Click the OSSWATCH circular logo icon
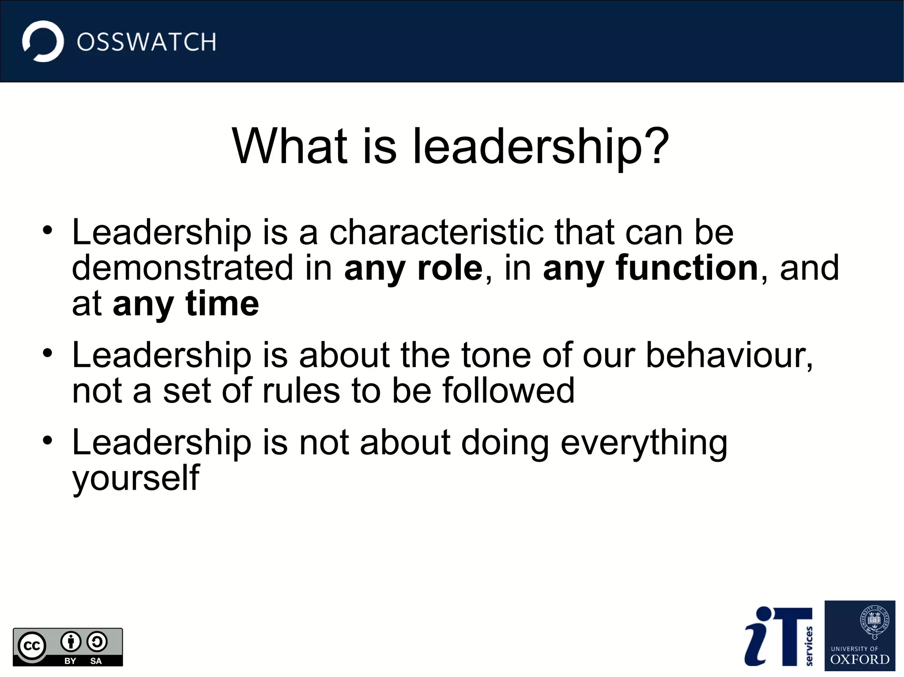pyautogui.click(x=43, y=41)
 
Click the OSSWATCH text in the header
pyautogui.click(x=147, y=42)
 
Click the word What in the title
pyautogui.click(x=290, y=146)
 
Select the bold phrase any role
pyautogui.click(x=413, y=268)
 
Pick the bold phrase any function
pyautogui.click(x=651, y=268)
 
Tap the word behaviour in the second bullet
pyautogui.click(x=729, y=355)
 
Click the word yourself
pyautogui.click(x=136, y=479)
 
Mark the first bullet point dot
pyautogui.click(x=48, y=231)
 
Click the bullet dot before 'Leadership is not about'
pyautogui.click(x=48, y=441)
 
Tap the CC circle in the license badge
pyautogui.click(x=32, y=647)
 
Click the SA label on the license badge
pyautogui.click(x=96, y=661)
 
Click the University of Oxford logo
pyautogui.click(x=859, y=636)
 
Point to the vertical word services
pyautogui.click(x=809, y=646)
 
